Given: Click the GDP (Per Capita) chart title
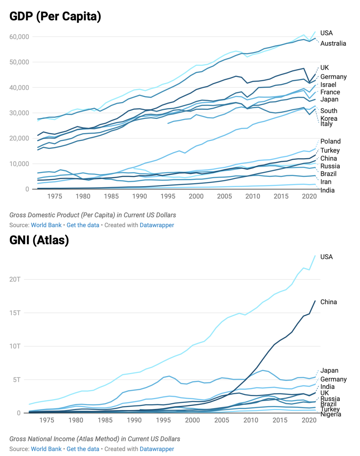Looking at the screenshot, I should pos(55,16).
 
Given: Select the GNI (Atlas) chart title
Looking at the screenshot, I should pos(39,240).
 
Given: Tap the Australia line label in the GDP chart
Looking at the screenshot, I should pos(333,43).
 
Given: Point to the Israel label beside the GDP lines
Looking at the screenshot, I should pos(328,85).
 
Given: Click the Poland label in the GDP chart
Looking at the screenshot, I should pos(330,141).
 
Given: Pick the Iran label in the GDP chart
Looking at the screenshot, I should pos(326,182).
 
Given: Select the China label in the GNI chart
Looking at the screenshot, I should pos(328,302).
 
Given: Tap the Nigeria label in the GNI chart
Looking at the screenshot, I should pos(331,414).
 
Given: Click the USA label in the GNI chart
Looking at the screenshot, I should pos(326,257).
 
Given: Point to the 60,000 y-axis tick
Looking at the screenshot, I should pos(19,37).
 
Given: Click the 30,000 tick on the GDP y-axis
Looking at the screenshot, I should pos(19,113).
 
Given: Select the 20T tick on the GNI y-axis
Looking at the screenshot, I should pos(15,280).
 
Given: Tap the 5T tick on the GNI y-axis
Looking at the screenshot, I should pos(17,380).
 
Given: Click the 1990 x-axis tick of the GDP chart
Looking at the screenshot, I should pos(139,196).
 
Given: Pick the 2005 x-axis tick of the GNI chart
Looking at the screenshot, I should pos(222,420).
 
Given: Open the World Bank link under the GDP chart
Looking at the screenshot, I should pos(46,225).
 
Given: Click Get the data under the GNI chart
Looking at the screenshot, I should pos(83,449).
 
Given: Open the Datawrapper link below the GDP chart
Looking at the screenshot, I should pos(157,225).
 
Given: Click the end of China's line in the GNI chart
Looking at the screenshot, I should pos(315,301).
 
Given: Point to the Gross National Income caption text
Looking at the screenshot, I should pos(95,439).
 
